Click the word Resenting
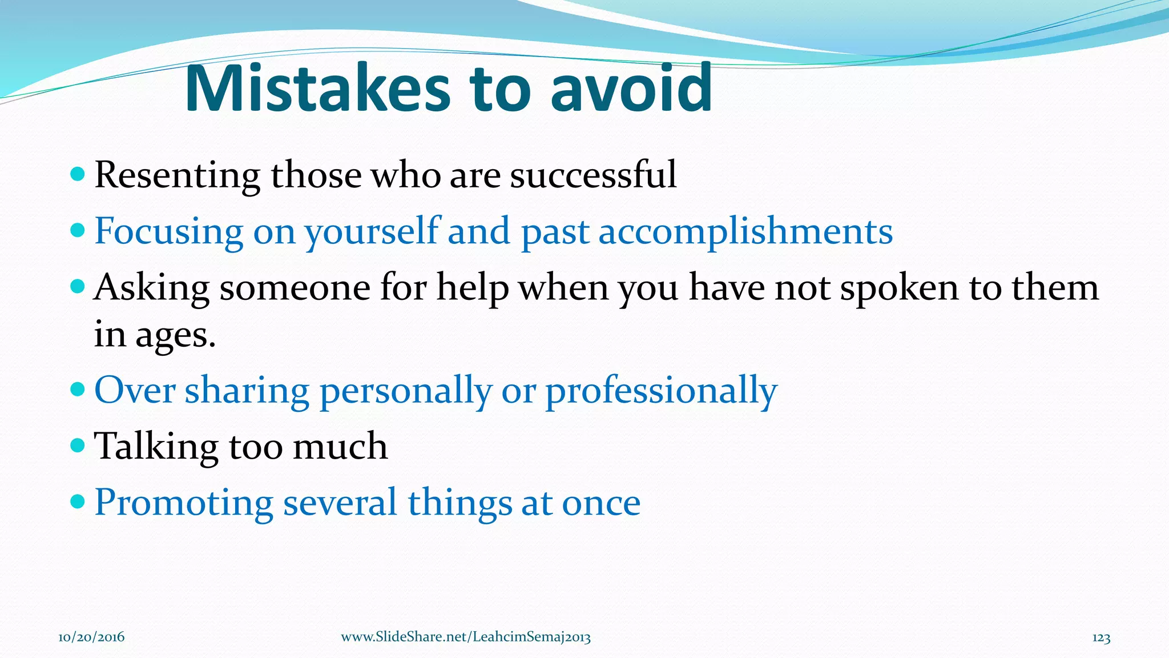pyautogui.click(x=177, y=175)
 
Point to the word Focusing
pyautogui.click(x=168, y=232)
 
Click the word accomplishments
pyautogui.click(x=745, y=232)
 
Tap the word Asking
pyautogui.click(x=151, y=288)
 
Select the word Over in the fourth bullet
pyautogui.click(x=134, y=391)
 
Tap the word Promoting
pyautogui.click(x=183, y=503)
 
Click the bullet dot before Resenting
pyautogui.click(x=77, y=174)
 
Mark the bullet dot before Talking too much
pyautogui.click(x=77, y=444)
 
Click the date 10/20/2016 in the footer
pyautogui.click(x=91, y=637)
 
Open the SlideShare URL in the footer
pyautogui.click(x=465, y=637)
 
